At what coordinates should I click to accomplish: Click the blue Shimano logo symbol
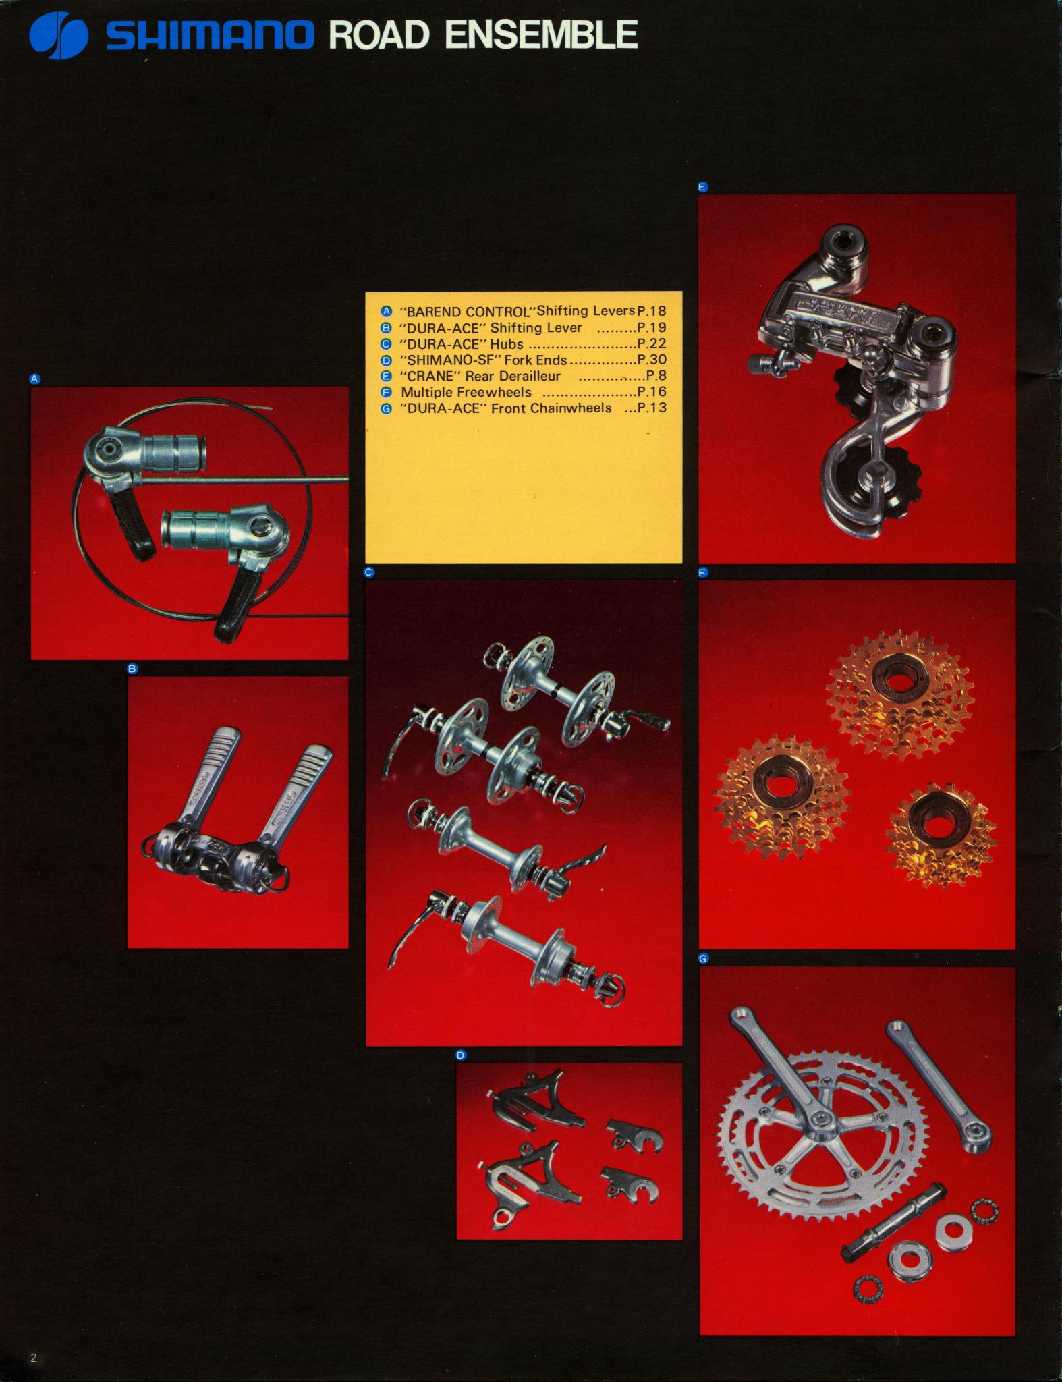click(59, 35)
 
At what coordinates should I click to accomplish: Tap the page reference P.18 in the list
click(652, 311)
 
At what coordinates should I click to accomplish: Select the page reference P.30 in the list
click(652, 360)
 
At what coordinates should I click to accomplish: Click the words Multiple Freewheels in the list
click(466, 392)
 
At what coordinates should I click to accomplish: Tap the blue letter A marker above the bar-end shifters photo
click(36, 379)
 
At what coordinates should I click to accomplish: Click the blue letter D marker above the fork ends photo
click(462, 1055)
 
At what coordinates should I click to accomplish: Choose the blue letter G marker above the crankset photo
click(704, 958)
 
